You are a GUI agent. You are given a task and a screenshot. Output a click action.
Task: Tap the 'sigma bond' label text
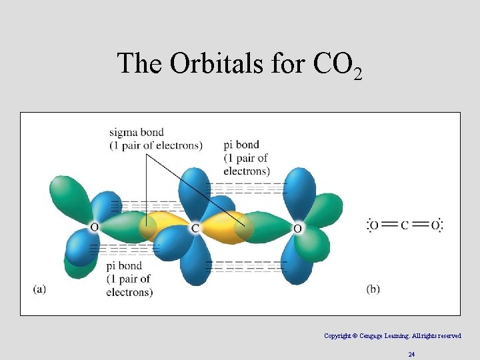[x=137, y=133]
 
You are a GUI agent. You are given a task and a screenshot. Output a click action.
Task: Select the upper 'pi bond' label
[x=241, y=145]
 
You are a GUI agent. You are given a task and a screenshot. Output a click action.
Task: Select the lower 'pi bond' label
[x=124, y=266]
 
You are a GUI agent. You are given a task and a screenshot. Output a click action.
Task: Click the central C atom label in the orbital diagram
[x=195, y=229]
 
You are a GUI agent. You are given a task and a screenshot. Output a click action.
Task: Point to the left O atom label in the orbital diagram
[x=94, y=227]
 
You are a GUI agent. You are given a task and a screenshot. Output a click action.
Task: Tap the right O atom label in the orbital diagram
[x=297, y=229]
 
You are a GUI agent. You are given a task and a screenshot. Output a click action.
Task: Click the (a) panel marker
[x=39, y=289]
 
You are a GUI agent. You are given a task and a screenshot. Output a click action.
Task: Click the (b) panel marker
[x=373, y=289]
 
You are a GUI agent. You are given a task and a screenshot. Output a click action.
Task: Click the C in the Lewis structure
[x=405, y=225]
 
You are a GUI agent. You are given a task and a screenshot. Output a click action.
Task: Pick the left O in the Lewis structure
[x=374, y=225]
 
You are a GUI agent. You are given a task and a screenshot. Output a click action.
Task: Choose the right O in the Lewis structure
[x=435, y=225]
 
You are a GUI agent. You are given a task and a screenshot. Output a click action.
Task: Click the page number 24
[x=411, y=355]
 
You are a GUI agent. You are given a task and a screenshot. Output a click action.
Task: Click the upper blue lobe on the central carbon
[x=195, y=190]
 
